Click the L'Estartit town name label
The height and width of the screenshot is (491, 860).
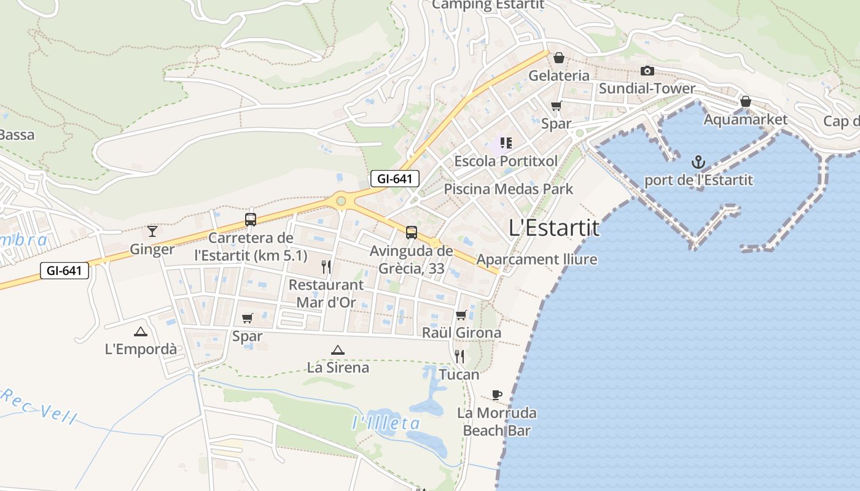point(554,228)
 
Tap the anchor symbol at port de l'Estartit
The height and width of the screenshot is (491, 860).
point(698,162)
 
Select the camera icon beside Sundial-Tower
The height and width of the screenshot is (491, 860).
point(647,71)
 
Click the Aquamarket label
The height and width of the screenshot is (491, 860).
point(745,120)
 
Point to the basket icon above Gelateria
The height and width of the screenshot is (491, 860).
point(559,58)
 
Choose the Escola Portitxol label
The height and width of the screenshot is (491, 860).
point(506,161)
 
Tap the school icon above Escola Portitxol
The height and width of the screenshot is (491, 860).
point(506,143)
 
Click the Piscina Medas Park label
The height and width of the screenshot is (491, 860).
point(508,189)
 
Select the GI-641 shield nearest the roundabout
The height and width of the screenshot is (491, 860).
point(395,179)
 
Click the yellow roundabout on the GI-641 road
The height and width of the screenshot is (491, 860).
point(340,201)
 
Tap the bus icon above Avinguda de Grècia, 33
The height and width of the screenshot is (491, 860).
point(412,233)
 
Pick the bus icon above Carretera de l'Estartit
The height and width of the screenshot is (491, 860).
point(251,219)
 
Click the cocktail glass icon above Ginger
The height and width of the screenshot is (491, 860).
point(152,231)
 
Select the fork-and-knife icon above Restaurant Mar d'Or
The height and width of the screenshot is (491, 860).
point(326,266)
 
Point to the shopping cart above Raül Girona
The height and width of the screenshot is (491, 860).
point(461,315)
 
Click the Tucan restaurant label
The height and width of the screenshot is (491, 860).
point(459,374)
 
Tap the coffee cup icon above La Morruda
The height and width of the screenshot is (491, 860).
point(497,395)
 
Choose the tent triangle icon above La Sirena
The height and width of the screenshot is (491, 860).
point(337,350)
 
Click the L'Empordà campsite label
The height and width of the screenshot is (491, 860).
point(141,349)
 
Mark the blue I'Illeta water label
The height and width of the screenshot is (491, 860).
point(386,423)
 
